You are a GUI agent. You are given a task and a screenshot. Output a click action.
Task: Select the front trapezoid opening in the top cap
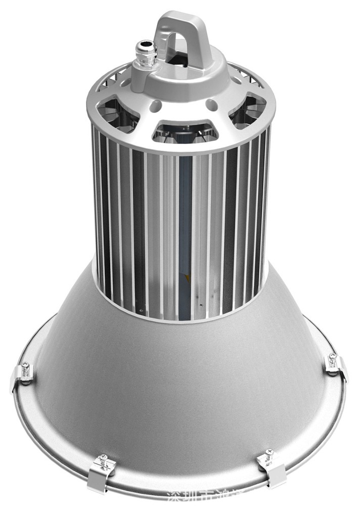[184, 129]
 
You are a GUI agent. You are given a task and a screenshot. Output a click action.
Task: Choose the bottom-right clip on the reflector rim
[272, 466]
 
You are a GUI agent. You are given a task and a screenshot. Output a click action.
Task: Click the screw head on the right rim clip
[332, 357]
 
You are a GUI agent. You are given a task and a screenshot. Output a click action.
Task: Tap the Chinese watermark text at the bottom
[212, 511]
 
